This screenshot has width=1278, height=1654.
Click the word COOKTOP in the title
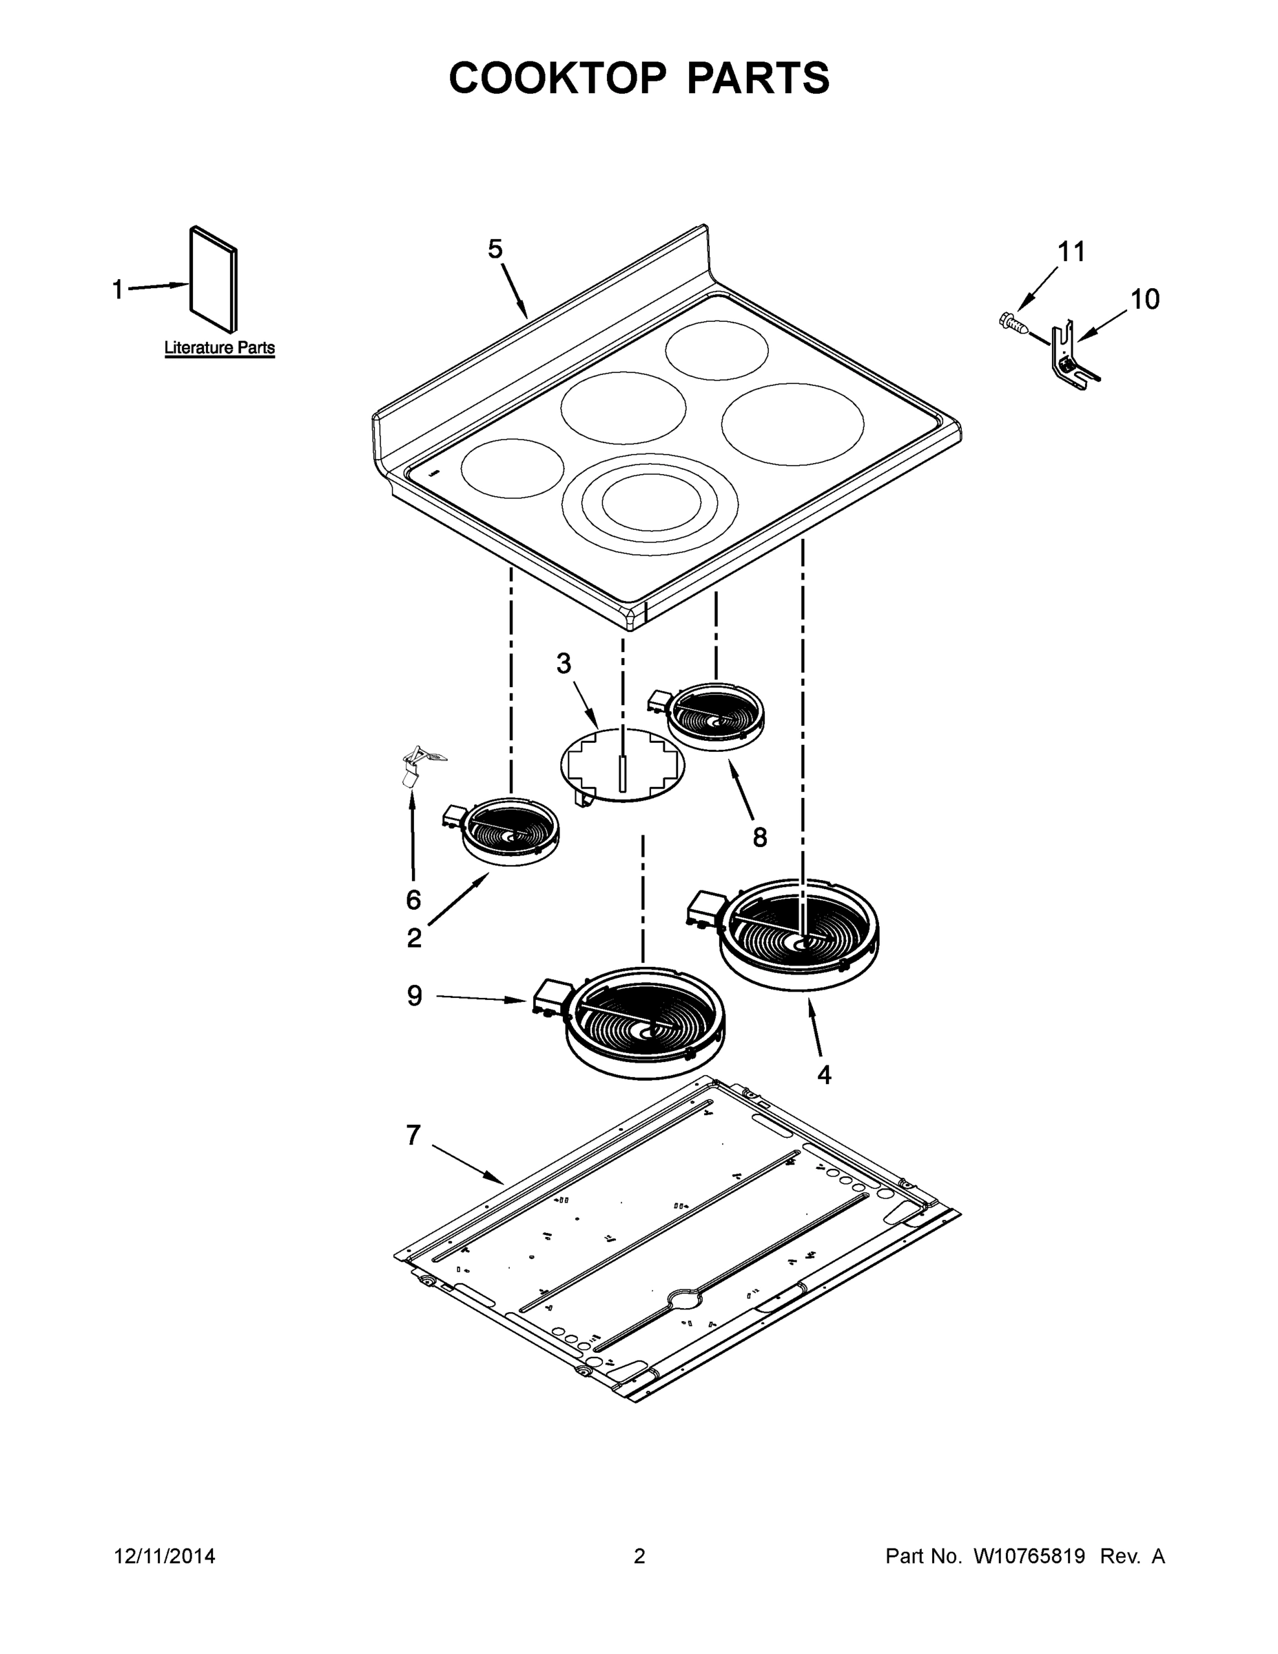pyautogui.click(x=558, y=78)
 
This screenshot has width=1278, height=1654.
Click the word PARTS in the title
pyautogui.click(x=757, y=78)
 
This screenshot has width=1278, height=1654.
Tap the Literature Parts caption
pyautogui.click(x=220, y=348)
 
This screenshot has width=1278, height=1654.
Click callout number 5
pyautogui.click(x=495, y=249)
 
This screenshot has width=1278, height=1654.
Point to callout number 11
pyautogui.click(x=1071, y=252)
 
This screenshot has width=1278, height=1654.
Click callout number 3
pyautogui.click(x=564, y=664)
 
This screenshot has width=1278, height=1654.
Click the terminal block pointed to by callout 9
pyautogui.click(x=550, y=997)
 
